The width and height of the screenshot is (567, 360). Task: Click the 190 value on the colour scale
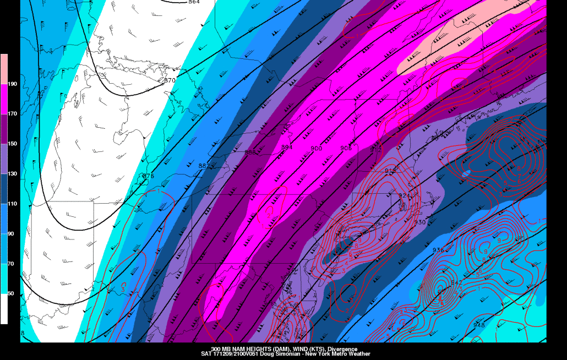tap(12, 84)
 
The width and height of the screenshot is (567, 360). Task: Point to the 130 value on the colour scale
tap(12, 174)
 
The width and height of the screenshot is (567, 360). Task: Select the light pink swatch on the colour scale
tap(4, 69)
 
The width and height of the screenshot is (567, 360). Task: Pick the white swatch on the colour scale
tap(4, 309)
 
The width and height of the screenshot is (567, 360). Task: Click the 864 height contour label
tap(194, 2)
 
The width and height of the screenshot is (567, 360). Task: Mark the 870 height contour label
tap(170, 80)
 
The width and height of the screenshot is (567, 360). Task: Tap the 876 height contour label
tap(148, 176)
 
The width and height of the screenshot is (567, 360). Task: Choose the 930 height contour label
tap(420, 222)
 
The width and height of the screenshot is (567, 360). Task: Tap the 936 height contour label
tap(438, 250)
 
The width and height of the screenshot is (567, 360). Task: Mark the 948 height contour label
tap(479, 325)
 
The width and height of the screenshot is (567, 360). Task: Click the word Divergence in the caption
tap(342, 350)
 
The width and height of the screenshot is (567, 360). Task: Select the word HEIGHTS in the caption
tap(250, 350)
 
